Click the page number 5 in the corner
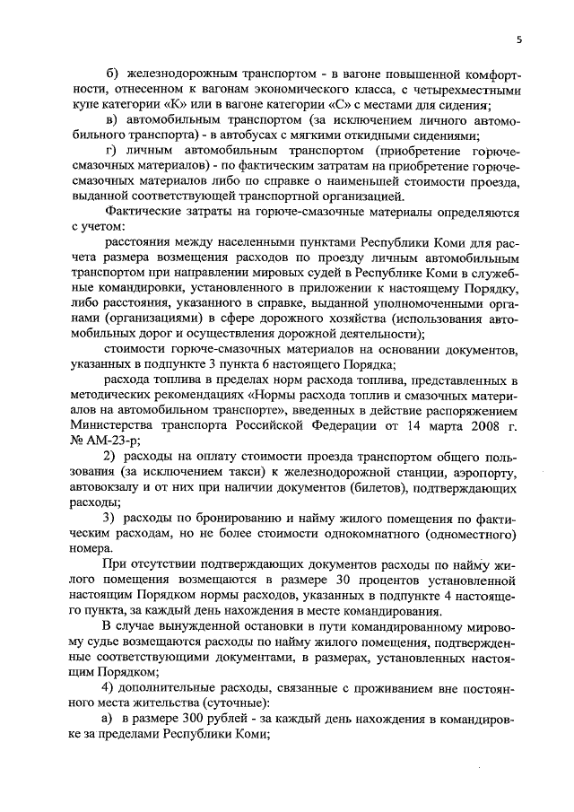pyautogui.click(x=517, y=39)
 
